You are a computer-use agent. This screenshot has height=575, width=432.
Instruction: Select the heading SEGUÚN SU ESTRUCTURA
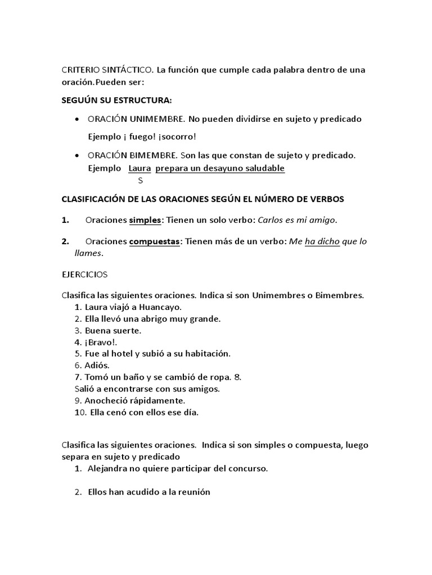(116, 101)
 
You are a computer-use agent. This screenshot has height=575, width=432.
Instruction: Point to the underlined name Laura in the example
(139, 168)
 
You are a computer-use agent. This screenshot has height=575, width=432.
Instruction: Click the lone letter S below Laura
(140, 181)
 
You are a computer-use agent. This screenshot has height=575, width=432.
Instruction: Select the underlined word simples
(145, 220)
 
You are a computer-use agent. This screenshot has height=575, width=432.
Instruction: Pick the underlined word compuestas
(155, 241)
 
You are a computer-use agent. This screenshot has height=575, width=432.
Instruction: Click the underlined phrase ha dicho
(322, 241)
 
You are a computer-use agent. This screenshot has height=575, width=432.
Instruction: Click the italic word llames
(88, 253)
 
